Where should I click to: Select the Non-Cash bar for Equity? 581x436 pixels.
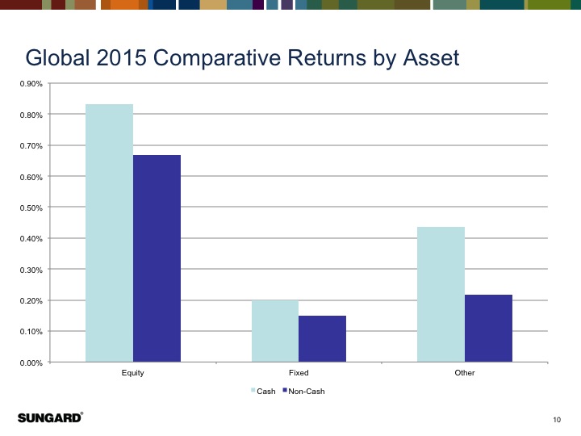[x=157, y=258]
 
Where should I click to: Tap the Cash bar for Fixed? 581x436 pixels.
[x=274, y=331]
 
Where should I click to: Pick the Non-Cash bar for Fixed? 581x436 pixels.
[x=322, y=338]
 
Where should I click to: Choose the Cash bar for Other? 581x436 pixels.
[x=441, y=294]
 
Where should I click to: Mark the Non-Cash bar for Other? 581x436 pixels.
[x=488, y=328]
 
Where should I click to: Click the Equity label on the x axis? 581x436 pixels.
[x=133, y=373]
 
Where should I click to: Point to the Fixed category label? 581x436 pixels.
[x=299, y=373]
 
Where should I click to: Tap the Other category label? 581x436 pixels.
[x=465, y=373]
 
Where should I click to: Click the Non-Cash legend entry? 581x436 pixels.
[x=307, y=392]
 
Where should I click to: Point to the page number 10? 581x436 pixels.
[x=557, y=418]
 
